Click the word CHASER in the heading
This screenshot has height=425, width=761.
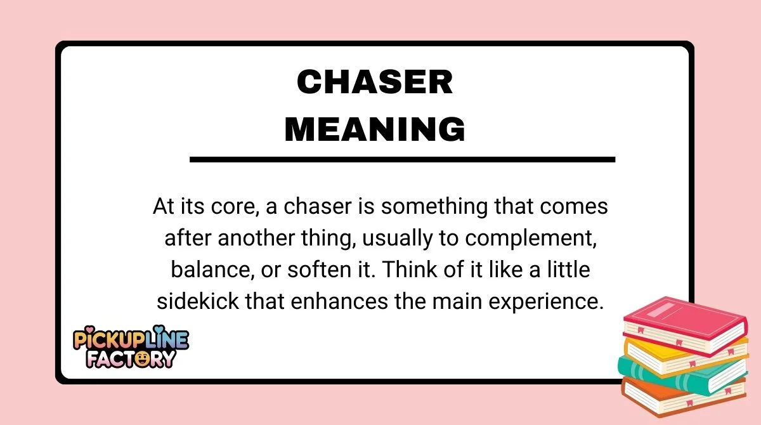pyautogui.click(x=375, y=82)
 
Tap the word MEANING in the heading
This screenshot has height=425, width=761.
pyautogui.click(x=375, y=129)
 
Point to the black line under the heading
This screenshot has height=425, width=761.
pyautogui.click(x=402, y=159)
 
